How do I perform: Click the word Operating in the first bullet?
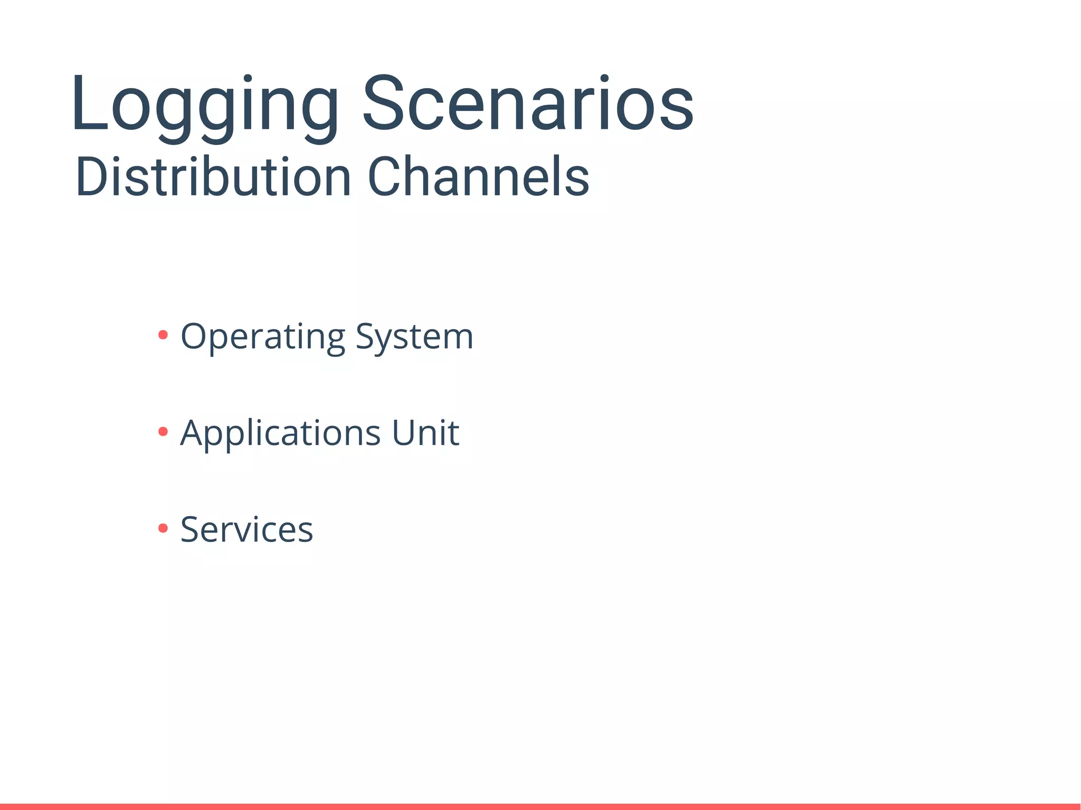(263, 337)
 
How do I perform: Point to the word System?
(414, 337)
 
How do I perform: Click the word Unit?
(425, 433)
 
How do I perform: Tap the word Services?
(246, 529)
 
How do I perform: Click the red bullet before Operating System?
(163, 335)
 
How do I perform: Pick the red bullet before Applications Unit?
(163, 432)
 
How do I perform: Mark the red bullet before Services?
(163, 528)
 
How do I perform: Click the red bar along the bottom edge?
(540, 806)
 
